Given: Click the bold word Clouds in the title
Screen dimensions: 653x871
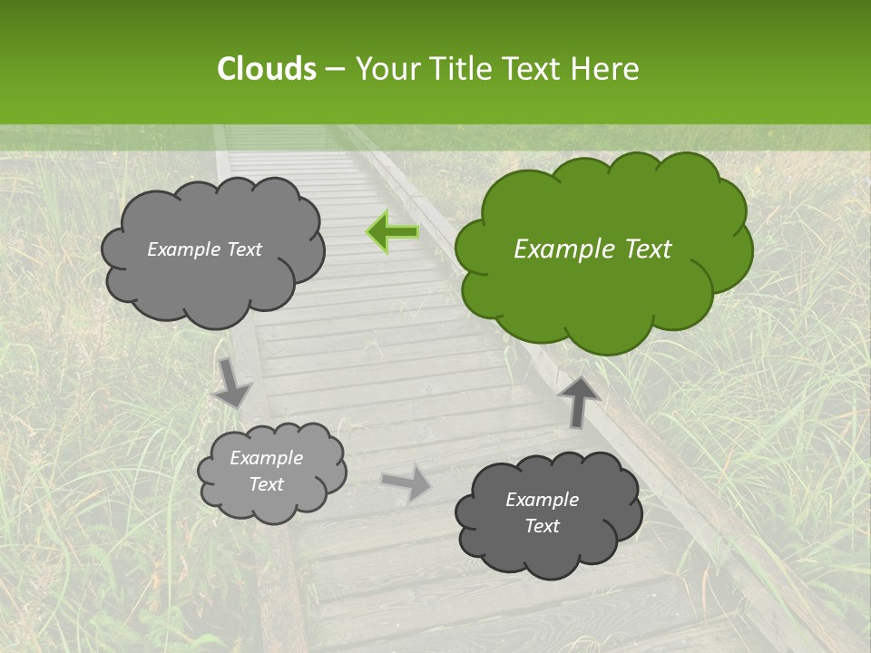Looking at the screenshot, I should point(266,69).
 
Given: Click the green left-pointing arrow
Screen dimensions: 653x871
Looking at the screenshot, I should point(393,232).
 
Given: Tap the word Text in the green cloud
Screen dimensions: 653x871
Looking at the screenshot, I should point(647,249).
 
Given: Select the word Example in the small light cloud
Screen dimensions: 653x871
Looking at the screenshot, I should point(267,458).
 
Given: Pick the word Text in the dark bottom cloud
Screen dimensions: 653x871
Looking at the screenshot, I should point(542,526).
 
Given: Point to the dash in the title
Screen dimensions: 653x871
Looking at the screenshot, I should point(334,69).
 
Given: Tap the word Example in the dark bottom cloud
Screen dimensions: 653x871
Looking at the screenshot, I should point(542,500).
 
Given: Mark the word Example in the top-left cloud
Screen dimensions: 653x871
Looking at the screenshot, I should point(183,249).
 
